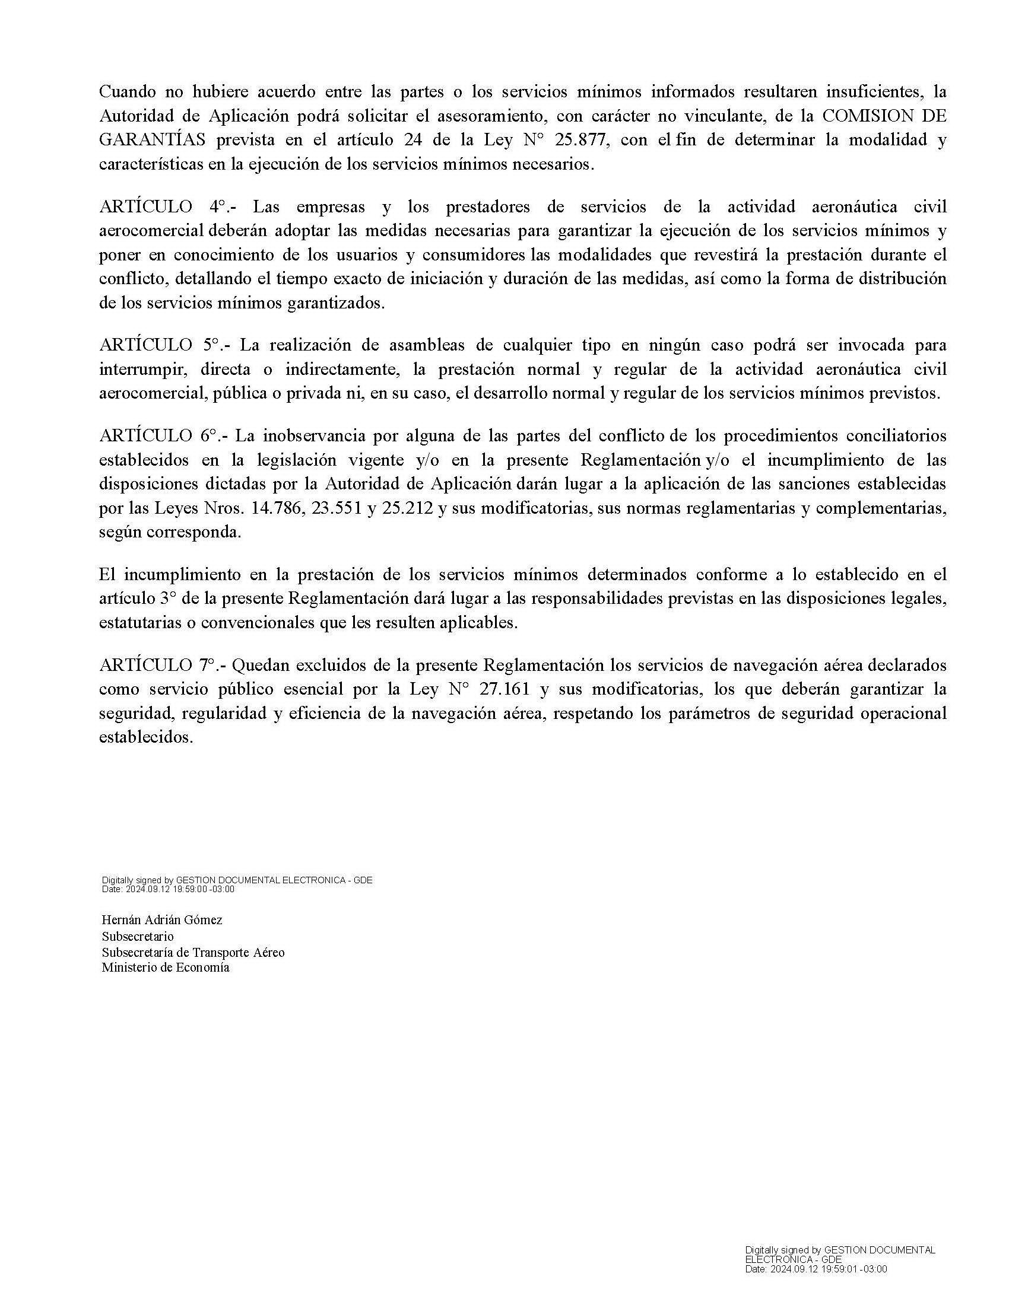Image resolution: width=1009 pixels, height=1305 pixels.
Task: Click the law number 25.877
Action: (x=582, y=140)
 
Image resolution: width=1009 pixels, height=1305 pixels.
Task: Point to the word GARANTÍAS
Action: (x=152, y=140)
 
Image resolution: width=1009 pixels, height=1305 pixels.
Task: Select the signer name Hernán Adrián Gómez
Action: (x=161, y=920)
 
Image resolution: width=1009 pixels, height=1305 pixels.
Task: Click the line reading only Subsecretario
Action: (x=138, y=936)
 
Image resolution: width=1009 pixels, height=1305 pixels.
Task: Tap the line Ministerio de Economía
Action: (x=165, y=967)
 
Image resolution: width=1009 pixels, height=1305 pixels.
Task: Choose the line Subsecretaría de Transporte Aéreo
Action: (x=192, y=952)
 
